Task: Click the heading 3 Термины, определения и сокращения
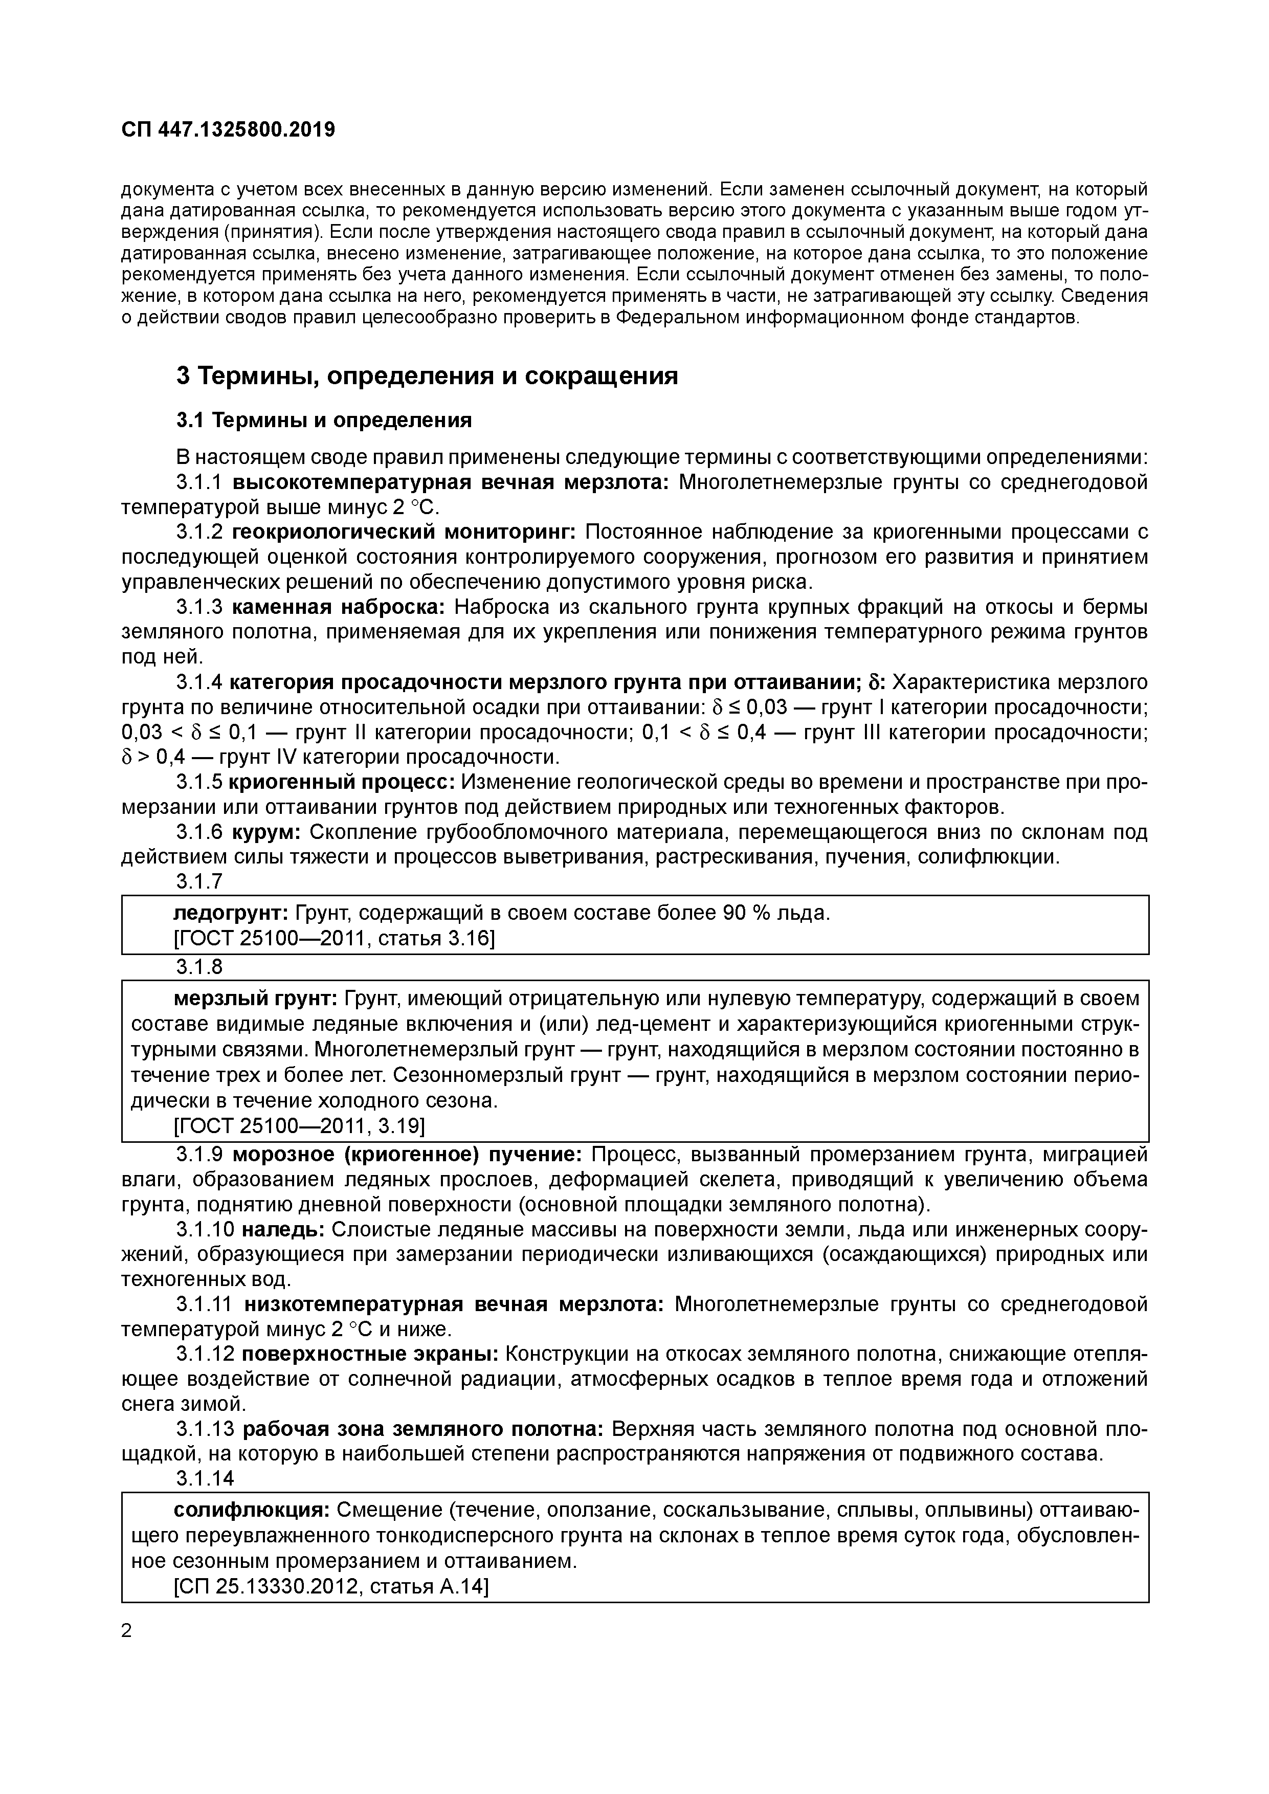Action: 427,376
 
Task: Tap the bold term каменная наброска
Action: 338,607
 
